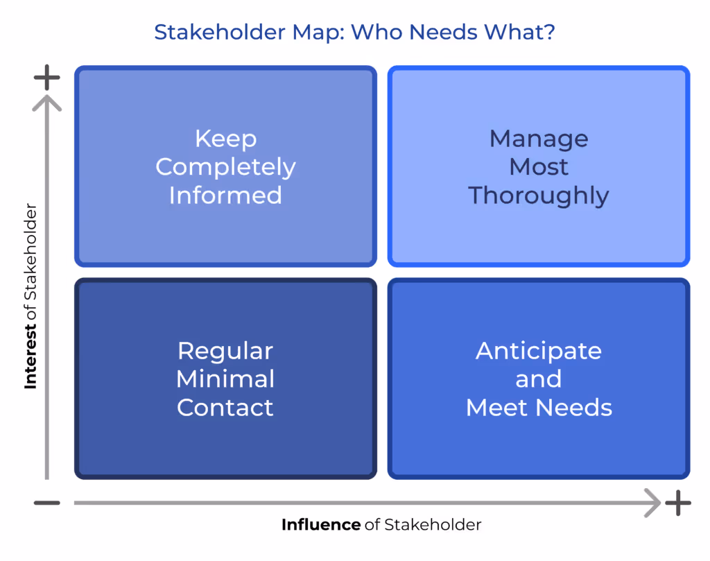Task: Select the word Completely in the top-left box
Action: pyautogui.click(x=225, y=167)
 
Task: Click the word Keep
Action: pyautogui.click(x=225, y=139)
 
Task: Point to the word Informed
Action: pyautogui.click(x=225, y=196)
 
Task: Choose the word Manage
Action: pyautogui.click(x=539, y=139)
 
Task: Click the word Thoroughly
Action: pyautogui.click(x=539, y=196)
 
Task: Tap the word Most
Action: pyautogui.click(x=539, y=167)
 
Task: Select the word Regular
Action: pyautogui.click(x=225, y=351)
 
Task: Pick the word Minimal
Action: pyautogui.click(x=225, y=379)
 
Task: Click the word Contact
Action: pyautogui.click(x=225, y=408)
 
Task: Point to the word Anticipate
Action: pyautogui.click(x=539, y=351)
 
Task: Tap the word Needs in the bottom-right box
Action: pyautogui.click(x=576, y=408)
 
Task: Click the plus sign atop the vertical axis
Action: pyautogui.click(x=46, y=78)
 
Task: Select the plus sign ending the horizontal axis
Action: pyautogui.click(x=677, y=503)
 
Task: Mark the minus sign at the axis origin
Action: pyautogui.click(x=46, y=503)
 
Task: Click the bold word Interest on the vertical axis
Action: pyautogui.click(x=31, y=354)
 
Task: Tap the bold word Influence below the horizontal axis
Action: pyautogui.click(x=320, y=525)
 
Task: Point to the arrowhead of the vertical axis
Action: pyautogui.click(x=46, y=103)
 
